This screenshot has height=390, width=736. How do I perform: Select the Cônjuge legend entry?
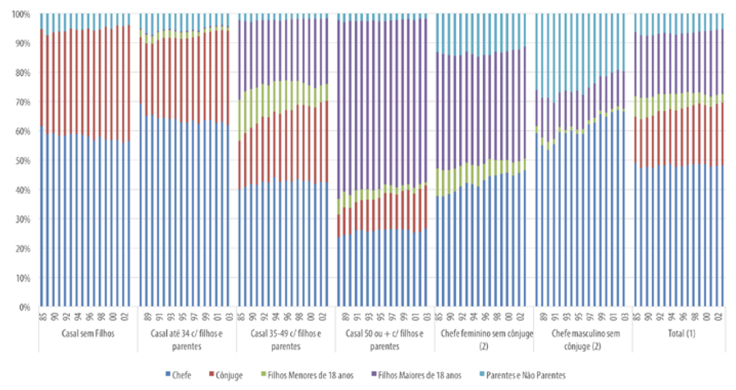click(x=228, y=375)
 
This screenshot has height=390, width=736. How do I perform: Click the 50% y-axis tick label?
click(x=22, y=160)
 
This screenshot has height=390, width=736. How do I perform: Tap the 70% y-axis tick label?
click(x=22, y=102)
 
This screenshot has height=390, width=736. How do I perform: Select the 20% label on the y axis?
click(x=22, y=249)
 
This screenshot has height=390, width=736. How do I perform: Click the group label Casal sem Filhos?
click(x=88, y=334)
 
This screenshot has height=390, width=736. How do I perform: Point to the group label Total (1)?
click(x=681, y=334)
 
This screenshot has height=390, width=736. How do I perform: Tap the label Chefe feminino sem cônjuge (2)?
click(x=484, y=339)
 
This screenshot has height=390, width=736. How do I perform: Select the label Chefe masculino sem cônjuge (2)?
click(x=583, y=339)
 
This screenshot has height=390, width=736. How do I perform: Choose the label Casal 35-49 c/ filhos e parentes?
click(x=286, y=339)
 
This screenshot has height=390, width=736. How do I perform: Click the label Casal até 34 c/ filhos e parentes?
click(x=187, y=339)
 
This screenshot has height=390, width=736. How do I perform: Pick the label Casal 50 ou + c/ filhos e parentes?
click(x=385, y=339)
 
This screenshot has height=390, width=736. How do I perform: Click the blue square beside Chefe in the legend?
click(x=168, y=376)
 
